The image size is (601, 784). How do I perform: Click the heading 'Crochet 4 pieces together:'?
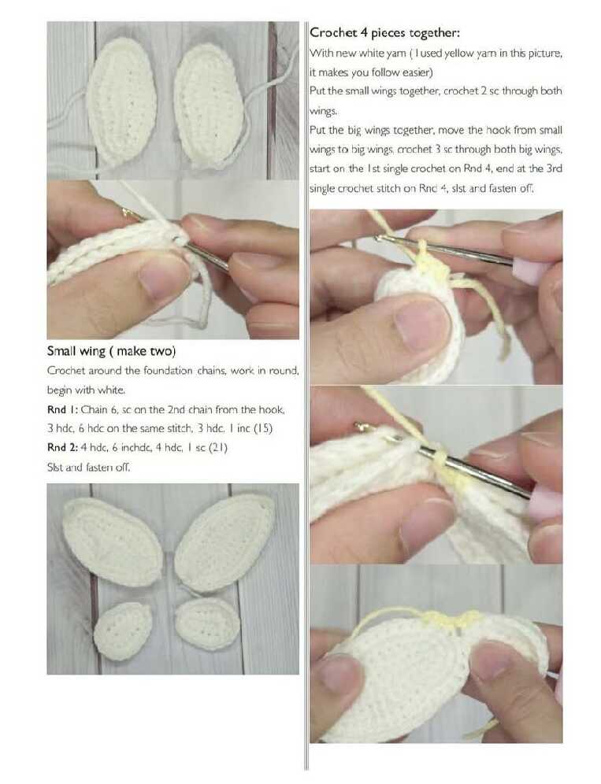coord(384,33)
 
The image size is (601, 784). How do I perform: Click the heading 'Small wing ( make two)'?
coord(112,351)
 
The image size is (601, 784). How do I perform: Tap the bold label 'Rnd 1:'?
coord(61,409)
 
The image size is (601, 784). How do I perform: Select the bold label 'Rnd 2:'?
coord(62,448)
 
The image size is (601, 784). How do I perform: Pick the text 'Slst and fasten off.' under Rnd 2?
coord(88,468)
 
